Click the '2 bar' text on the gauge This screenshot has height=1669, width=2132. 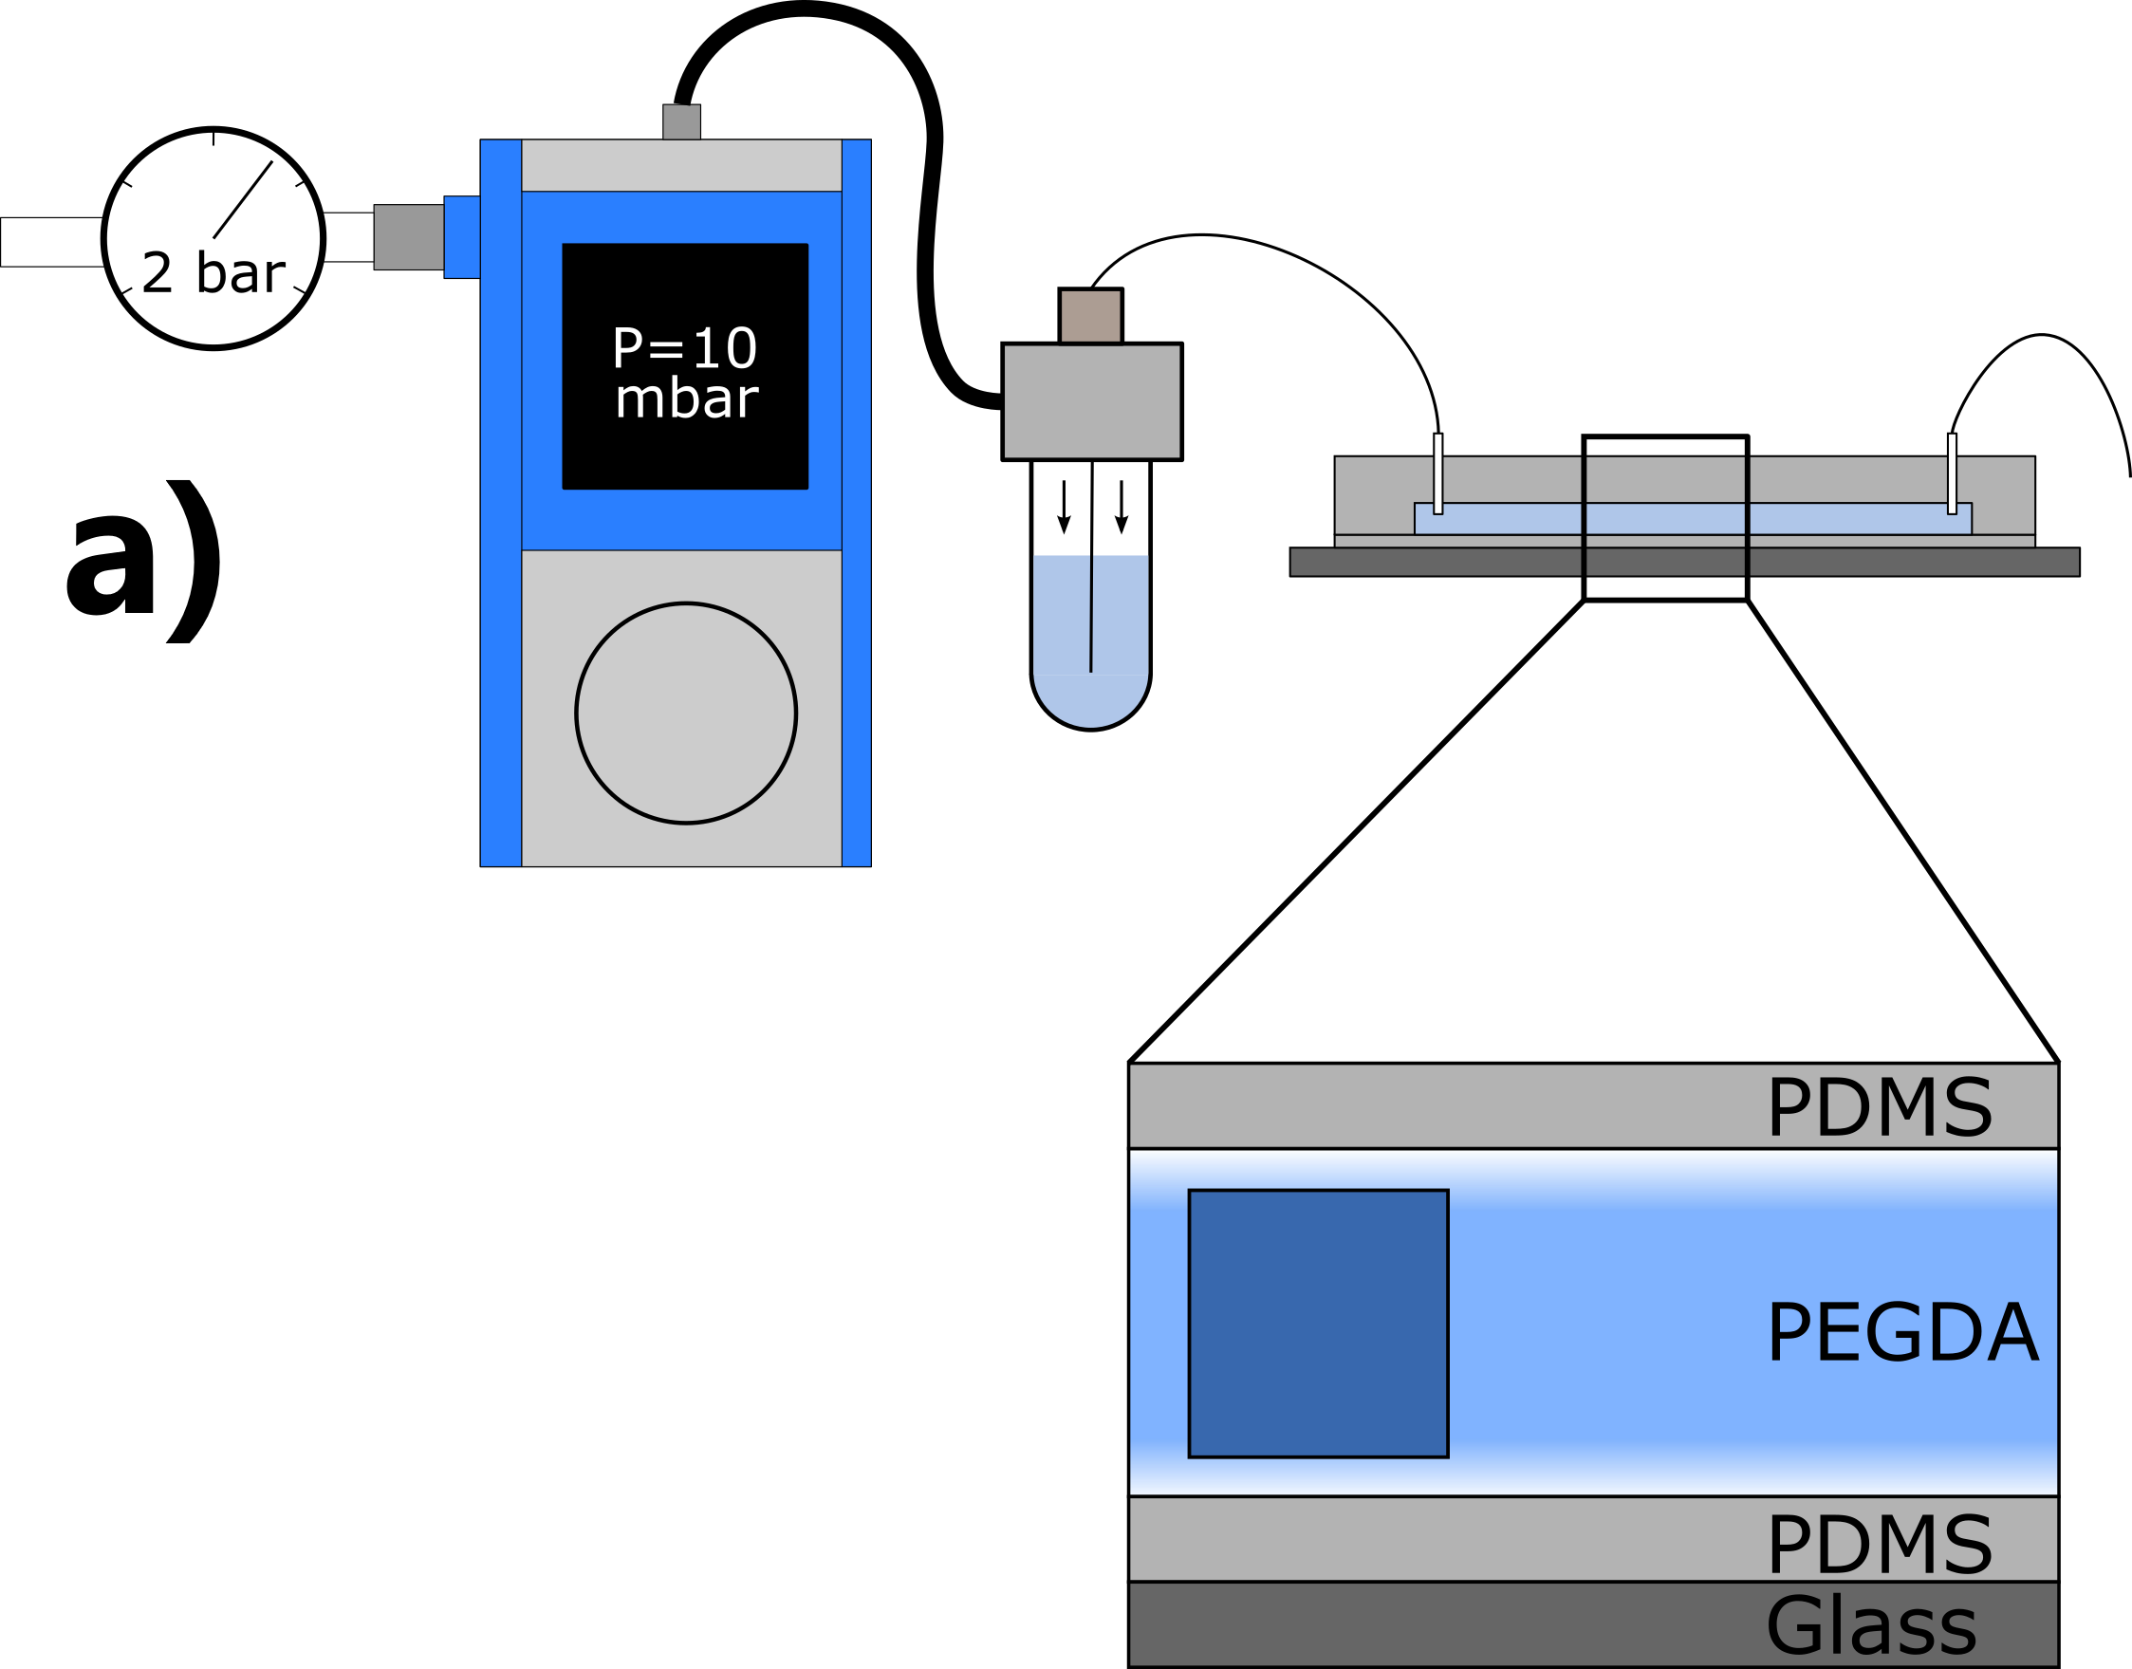(213, 272)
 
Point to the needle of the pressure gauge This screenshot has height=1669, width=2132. (243, 199)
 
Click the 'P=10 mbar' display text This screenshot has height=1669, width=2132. (685, 372)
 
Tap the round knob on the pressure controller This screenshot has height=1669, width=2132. (685, 713)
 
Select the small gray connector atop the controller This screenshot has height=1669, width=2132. (681, 122)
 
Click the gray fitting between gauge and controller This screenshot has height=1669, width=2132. (408, 236)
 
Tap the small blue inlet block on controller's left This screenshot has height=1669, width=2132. (462, 236)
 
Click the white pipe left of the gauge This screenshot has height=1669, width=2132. (51, 241)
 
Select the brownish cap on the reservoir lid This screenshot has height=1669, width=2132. (1090, 316)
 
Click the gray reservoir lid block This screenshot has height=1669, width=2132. (1091, 400)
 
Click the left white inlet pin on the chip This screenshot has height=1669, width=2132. (1437, 473)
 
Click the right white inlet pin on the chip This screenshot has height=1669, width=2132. (1951, 473)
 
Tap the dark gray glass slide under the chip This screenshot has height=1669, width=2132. (1684, 562)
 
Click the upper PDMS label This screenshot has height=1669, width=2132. (1879, 1107)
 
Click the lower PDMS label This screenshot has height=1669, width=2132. (1879, 1544)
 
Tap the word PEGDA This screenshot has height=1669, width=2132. (1901, 1332)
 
